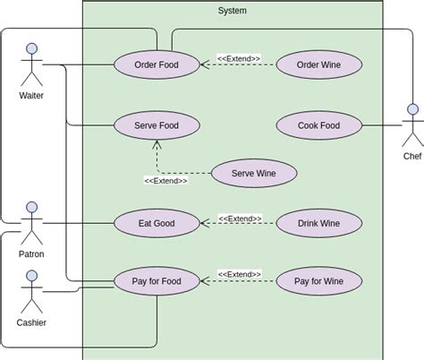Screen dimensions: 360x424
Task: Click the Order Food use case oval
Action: (x=157, y=64)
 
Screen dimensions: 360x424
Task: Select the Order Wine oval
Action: (x=319, y=64)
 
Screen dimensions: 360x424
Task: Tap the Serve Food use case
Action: (x=157, y=125)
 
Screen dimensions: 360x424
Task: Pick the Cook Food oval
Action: (x=319, y=125)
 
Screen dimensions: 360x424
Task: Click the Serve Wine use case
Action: (x=254, y=173)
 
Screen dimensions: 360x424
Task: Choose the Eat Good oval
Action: (x=157, y=223)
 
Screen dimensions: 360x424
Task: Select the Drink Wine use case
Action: (x=319, y=223)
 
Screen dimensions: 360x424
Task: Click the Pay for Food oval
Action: (x=157, y=281)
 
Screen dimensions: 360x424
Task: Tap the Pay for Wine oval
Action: (x=319, y=281)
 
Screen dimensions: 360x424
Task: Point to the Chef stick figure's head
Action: (x=412, y=110)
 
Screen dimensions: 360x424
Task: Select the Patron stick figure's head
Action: (x=32, y=208)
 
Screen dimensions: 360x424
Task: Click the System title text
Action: (x=233, y=11)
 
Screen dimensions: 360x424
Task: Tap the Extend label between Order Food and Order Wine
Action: (x=239, y=58)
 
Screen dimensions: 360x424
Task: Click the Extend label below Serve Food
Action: (x=165, y=180)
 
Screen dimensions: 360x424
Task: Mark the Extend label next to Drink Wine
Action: (x=239, y=218)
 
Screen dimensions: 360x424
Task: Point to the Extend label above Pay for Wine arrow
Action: (x=239, y=274)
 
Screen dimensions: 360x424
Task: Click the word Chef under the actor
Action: (x=412, y=156)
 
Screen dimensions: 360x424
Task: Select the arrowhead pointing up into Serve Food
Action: (x=157, y=143)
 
